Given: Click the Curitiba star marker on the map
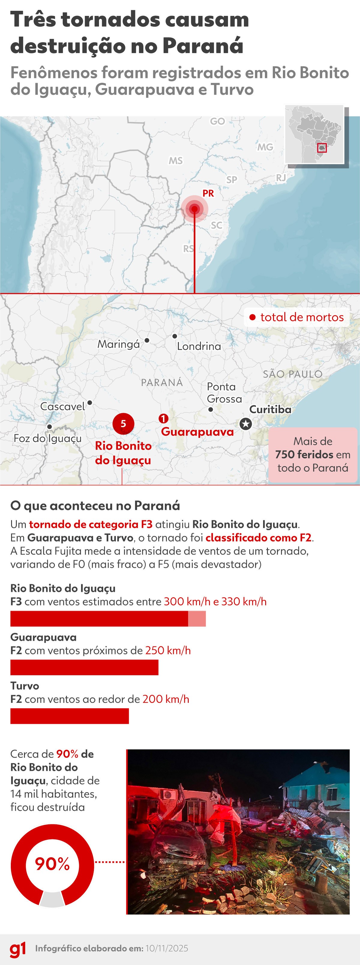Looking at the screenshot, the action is tap(246, 424).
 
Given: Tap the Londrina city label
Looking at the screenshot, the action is tap(199, 346).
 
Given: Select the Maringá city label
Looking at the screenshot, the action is tap(118, 344).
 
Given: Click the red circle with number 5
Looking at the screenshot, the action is tap(123, 424).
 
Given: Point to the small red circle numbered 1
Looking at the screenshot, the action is tap(163, 418).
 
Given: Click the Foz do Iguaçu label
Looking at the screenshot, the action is tap(48, 438).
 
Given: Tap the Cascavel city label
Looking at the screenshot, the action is tap(63, 406).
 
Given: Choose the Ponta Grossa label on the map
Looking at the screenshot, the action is tap(224, 393).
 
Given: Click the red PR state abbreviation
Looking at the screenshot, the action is tap(208, 193).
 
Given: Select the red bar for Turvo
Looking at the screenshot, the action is tap(70, 716).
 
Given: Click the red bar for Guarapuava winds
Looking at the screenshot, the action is tap(84, 668).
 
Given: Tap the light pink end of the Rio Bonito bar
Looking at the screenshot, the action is tap(197, 618).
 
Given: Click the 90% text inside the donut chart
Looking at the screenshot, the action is tap(52, 864).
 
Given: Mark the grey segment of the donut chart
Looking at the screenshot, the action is tap(52, 899).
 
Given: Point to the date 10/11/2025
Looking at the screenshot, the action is tap(167, 949).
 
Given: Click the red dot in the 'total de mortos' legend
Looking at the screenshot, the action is tap(253, 317).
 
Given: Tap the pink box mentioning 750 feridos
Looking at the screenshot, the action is tap(313, 454).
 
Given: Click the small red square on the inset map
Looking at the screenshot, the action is tap(322, 148).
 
